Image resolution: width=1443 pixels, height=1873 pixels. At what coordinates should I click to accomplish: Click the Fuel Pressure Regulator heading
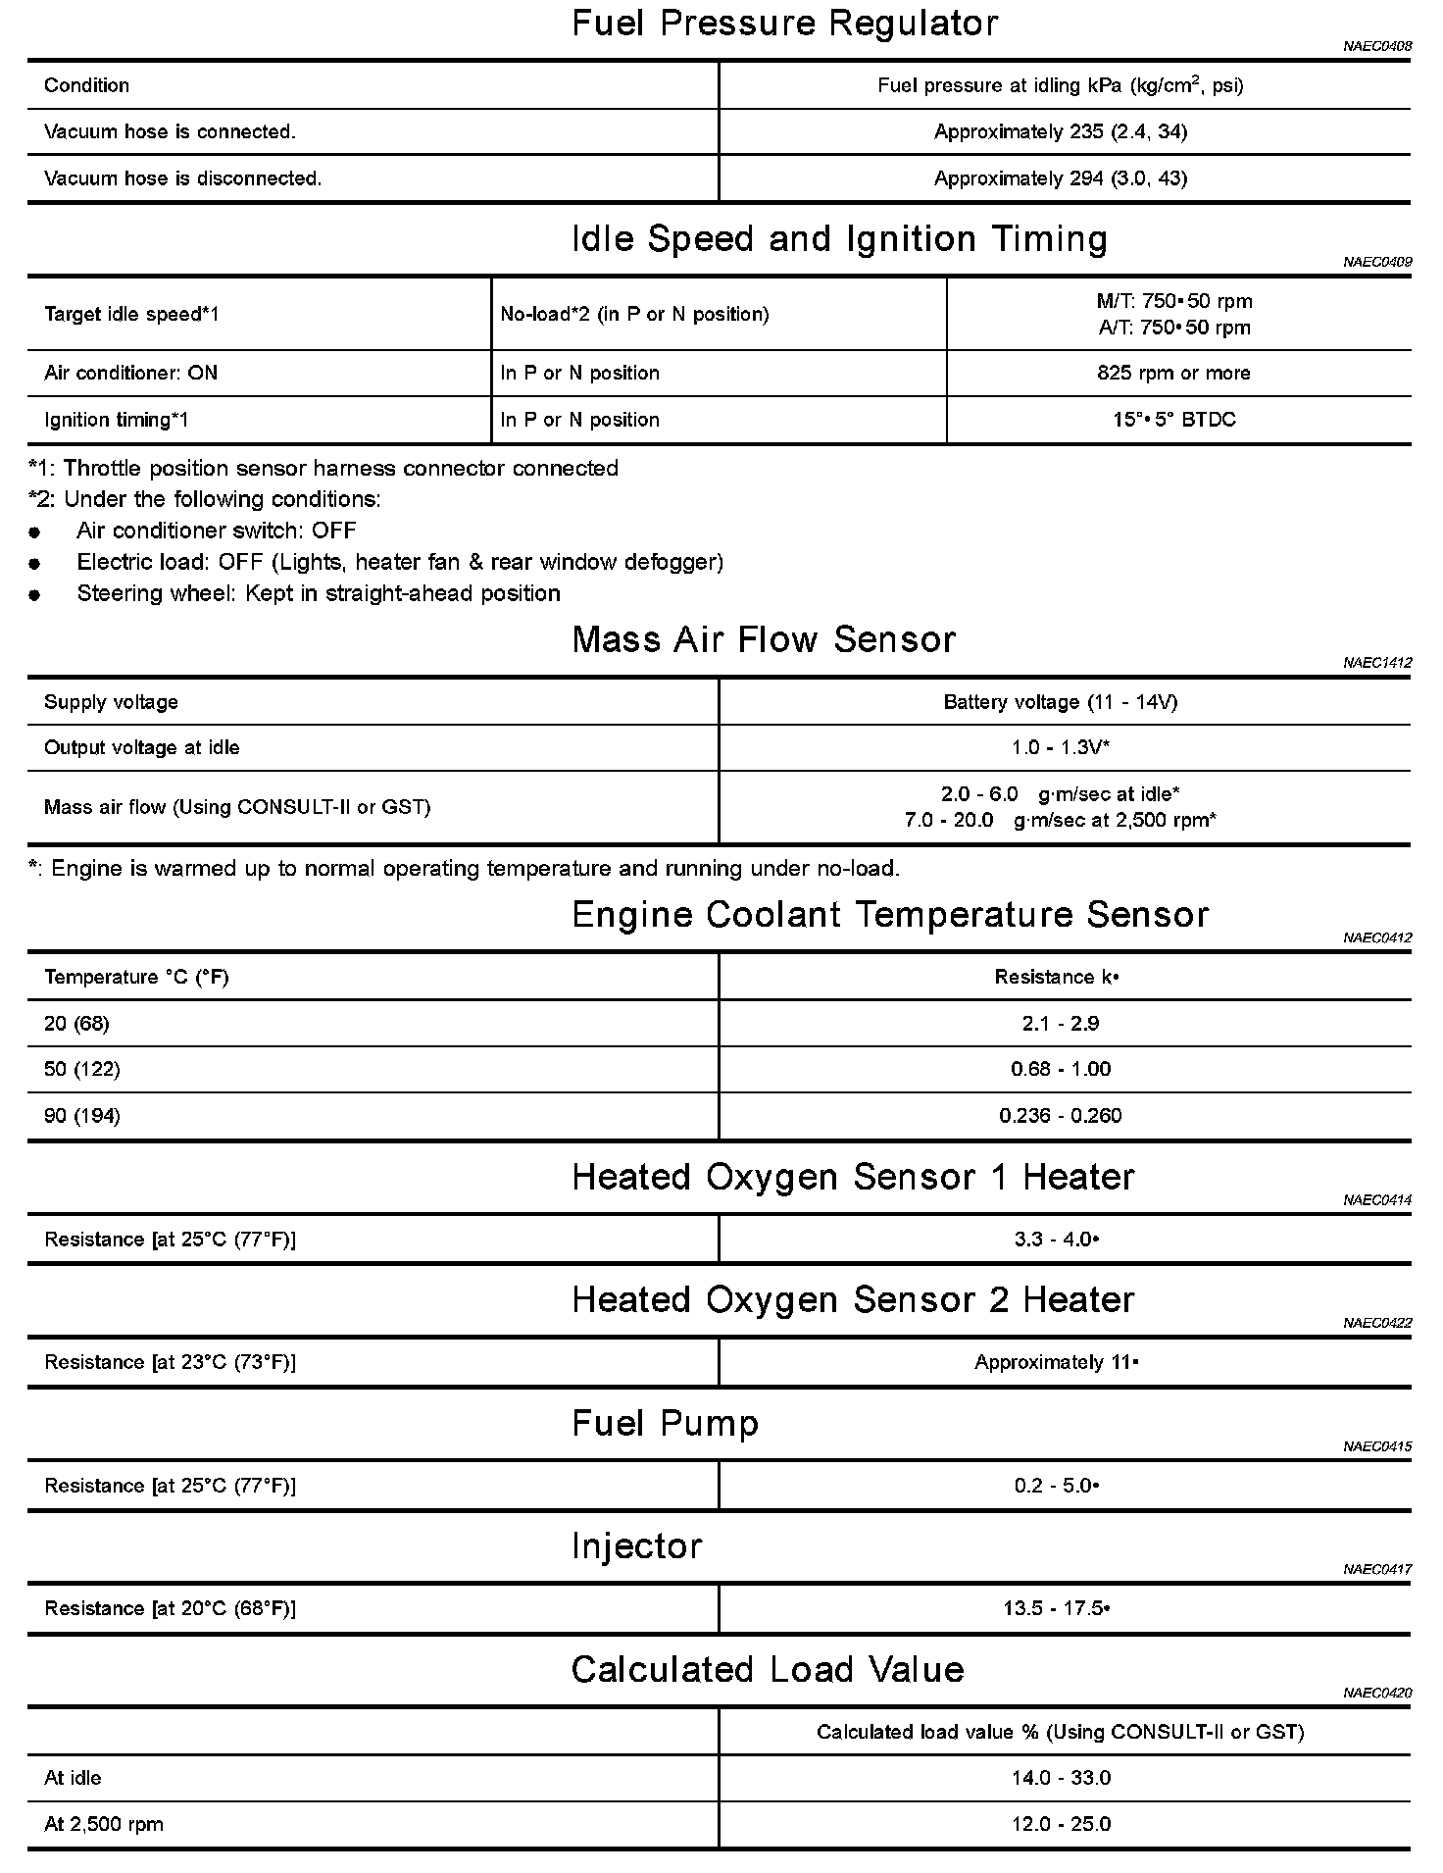pyautogui.click(x=784, y=24)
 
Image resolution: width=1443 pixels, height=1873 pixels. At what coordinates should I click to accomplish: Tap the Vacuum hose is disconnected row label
pyautogui.click(x=183, y=178)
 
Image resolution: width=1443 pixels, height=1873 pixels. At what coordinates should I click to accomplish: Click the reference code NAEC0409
pyautogui.click(x=1377, y=262)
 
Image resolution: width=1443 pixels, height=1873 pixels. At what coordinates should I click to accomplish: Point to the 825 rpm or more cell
pyautogui.click(x=1173, y=373)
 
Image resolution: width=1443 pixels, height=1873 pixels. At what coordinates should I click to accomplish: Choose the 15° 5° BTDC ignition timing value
pyautogui.click(x=1173, y=420)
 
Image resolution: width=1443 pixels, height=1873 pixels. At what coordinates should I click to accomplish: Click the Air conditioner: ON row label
pyautogui.click(x=131, y=373)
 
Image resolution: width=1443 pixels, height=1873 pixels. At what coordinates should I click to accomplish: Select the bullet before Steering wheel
pyautogui.click(x=35, y=594)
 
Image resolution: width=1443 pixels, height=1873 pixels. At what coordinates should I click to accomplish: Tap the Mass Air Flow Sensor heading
pyautogui.click(x=764, y=639)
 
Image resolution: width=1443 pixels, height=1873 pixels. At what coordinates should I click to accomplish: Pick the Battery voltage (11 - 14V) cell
pyautogui.click(x=1060, y=702)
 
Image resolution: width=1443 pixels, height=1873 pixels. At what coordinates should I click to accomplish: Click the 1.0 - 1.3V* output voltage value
pyautogui.click(x=1060, y=747)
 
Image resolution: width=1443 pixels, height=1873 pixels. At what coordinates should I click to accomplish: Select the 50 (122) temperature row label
pyautogui.click(x=82, y=1069)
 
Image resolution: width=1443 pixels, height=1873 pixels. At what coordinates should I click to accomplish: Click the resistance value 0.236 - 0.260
pyautogui.click(x=1060, y=1116)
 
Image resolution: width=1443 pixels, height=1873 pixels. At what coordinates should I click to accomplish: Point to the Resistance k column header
pyautogui.click(x=1057, y=977)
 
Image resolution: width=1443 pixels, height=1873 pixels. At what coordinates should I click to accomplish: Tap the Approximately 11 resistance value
pyautogui.click(x=1056, y=1362)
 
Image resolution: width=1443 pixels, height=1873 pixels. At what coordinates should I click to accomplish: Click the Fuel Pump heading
pyautogui.click(x=666, y=1423)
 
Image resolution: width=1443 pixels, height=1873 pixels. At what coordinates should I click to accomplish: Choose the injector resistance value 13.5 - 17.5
pyautogui.click(x=1060, y=1608)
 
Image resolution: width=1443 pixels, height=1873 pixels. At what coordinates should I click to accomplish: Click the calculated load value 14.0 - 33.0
pyautogui.click(x=1060, y=1778)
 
